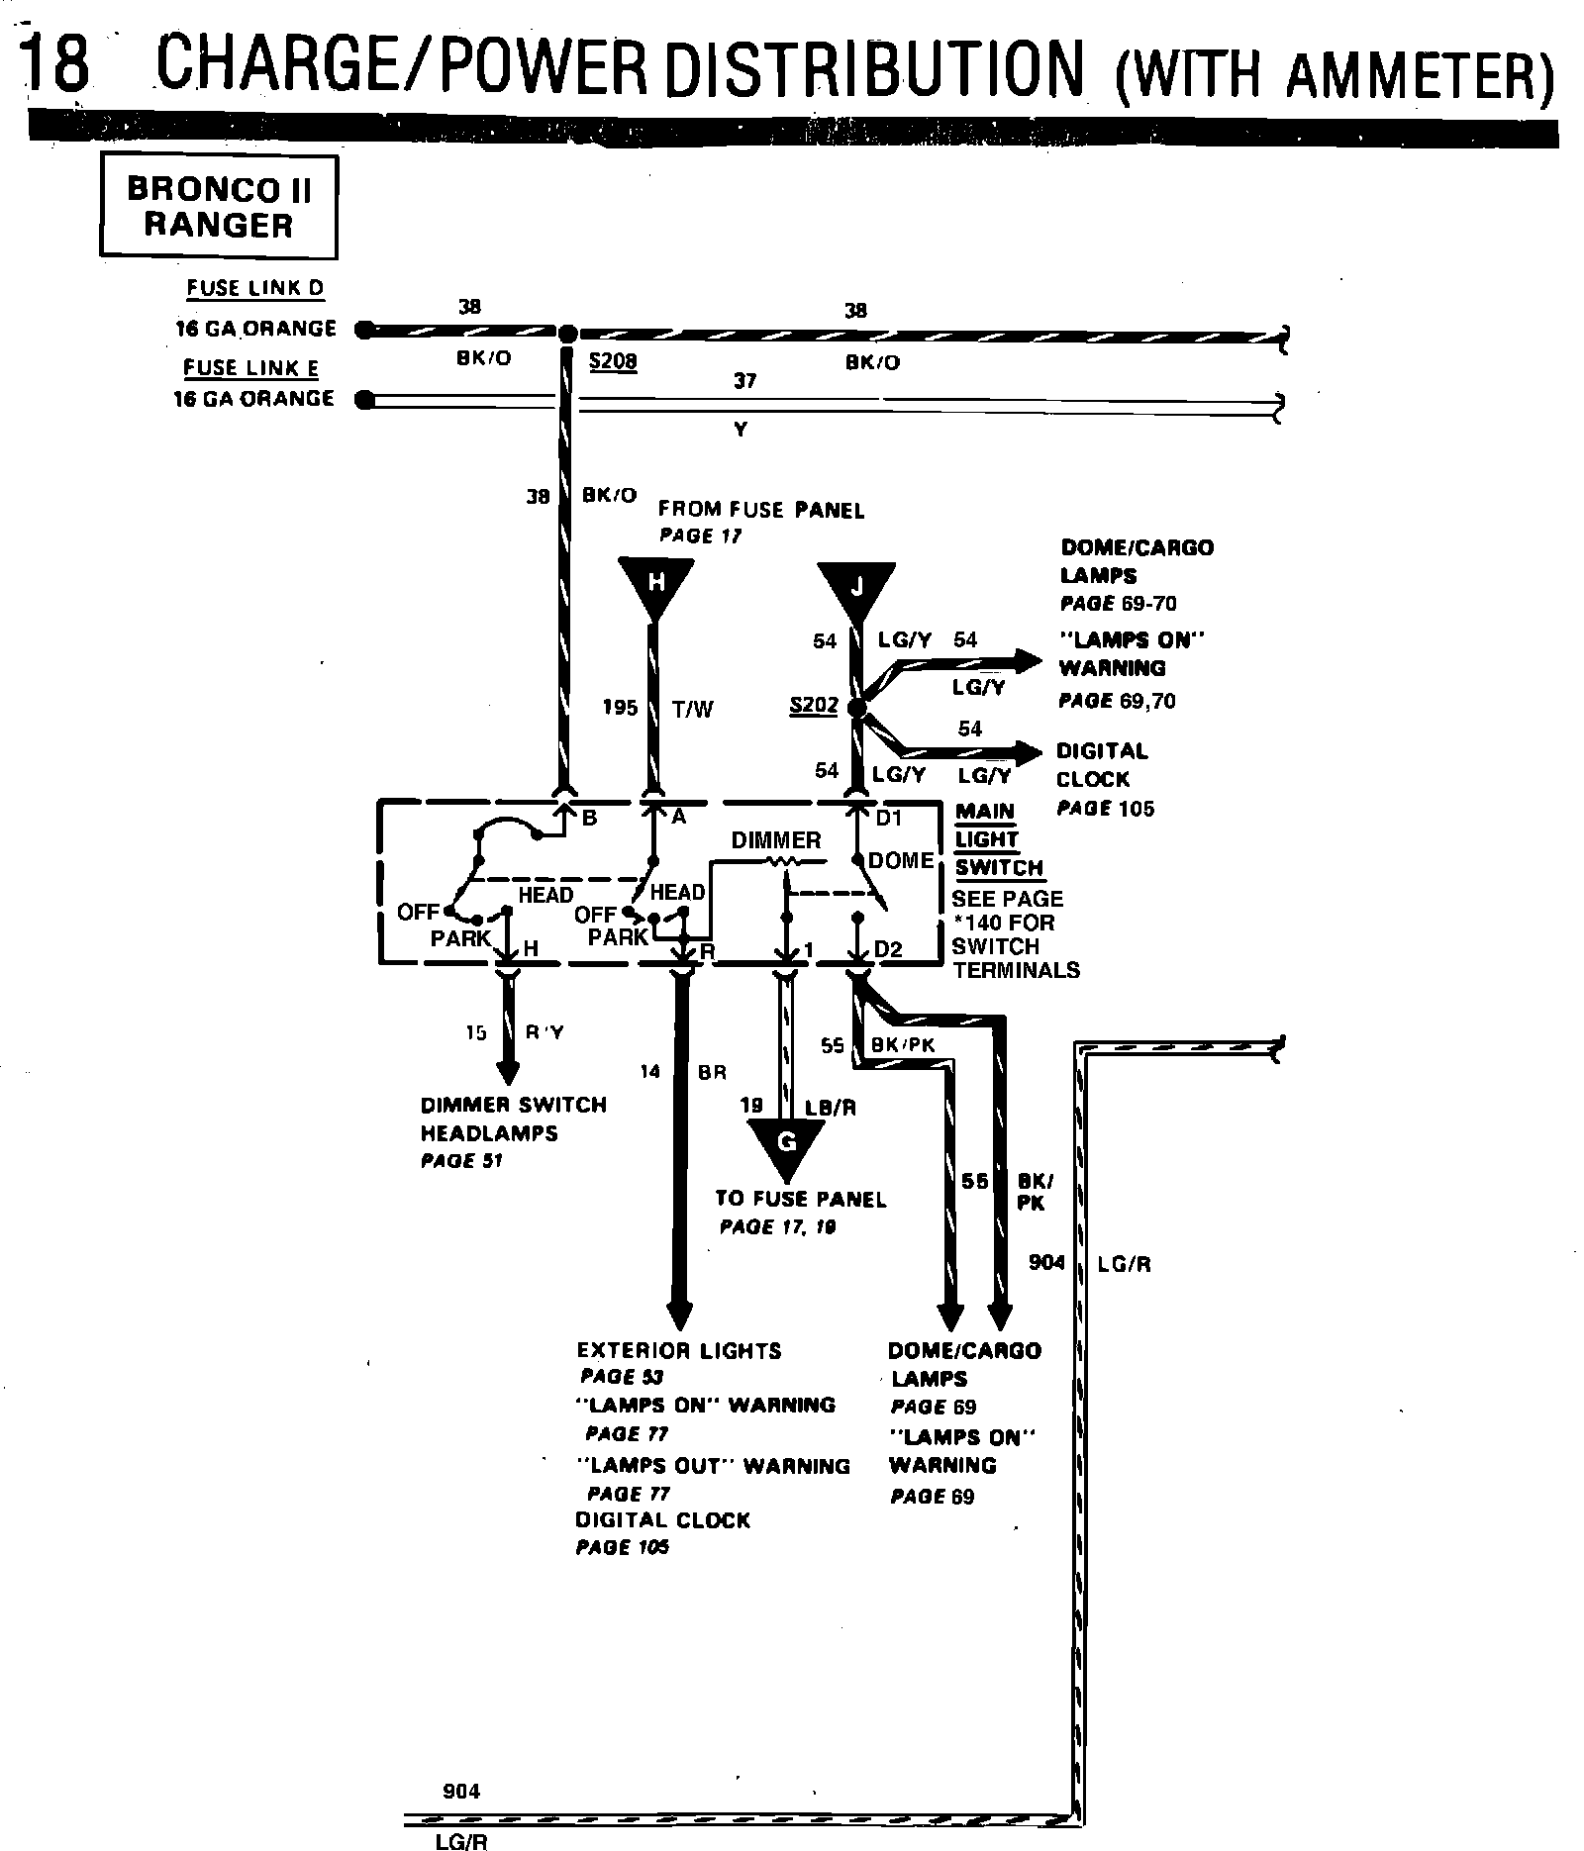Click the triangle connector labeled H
(x=655, y=584)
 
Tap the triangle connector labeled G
(x=787, y=1144)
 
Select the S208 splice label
(x=613, y=361)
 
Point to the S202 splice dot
(x=857, y=709)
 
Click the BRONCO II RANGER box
(x=219, y=206)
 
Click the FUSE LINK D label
(x=255, y=288)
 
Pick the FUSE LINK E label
(x=251, y=368)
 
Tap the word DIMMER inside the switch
(x=776, y=840)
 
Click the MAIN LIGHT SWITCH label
(x=999, y=839)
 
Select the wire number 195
(x=620, y=708)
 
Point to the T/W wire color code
(x=693, y=709)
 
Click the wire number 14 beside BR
(x=649, y=1071)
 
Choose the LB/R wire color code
(x=831, y=1108)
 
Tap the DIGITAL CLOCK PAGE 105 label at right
(x=1104, y=779)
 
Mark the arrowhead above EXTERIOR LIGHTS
(x=680, y=1316)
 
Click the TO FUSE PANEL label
(x=800, y=1199)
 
